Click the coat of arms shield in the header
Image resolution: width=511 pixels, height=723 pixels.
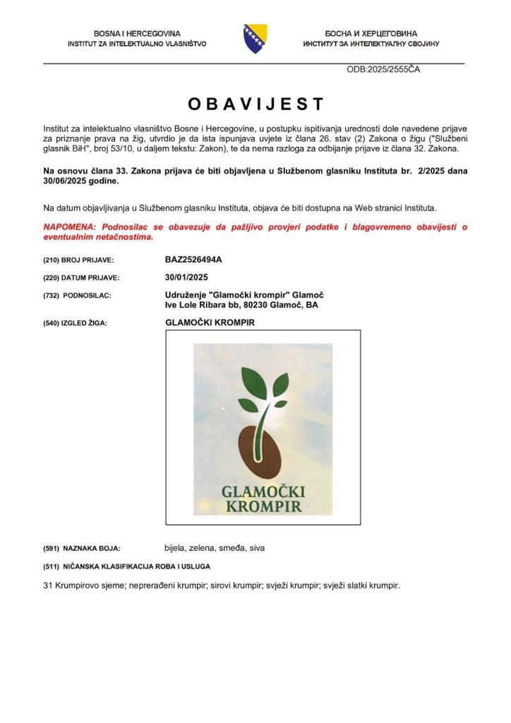pos(255,38)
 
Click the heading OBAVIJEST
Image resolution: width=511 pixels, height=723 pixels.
pos(255,104)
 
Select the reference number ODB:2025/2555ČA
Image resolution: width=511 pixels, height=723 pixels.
pos(384,70)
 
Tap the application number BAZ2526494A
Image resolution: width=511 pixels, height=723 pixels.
pos(193,260)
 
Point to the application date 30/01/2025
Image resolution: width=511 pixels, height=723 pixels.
pos(186,277)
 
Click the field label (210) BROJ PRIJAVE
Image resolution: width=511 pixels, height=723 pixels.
pos(78,261)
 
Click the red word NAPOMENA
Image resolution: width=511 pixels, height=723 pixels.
pos(70,227)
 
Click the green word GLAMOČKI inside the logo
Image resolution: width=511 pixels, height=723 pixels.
pos(263,492)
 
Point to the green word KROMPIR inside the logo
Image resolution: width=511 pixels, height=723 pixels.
pos(263,506)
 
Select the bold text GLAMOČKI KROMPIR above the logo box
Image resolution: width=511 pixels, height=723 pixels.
pos(210,323)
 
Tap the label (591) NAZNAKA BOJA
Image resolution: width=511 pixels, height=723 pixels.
pos(82,548)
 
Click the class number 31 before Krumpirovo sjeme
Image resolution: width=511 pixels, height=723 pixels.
pos(48,585)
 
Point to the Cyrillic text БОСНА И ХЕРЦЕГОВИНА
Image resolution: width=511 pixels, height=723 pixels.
pos(371,33)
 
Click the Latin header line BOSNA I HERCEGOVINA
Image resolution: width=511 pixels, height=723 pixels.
pos(137,33)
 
